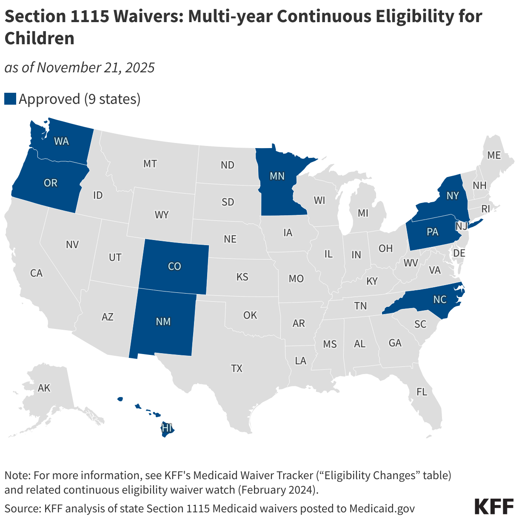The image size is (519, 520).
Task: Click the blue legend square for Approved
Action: pyautogui.click(x=10, y=99)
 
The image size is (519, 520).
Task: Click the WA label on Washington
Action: pyautogui.click(x=61, y=141)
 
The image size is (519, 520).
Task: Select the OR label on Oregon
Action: pyautogui.click(x=51, y=183)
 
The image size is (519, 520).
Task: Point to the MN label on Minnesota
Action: pyautogui.click(x=277, y=176)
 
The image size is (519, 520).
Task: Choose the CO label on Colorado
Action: pyautogui.click(x=174, y=266)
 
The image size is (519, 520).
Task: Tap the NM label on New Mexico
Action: pyautogui.click(x=163, y=322)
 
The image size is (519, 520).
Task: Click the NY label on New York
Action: pyautogui.click(x=453, y=195)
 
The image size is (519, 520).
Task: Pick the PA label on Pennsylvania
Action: pyautogui.click(x=432, y=232)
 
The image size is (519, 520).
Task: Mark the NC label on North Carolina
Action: pyautogui.click(x=440, y=300)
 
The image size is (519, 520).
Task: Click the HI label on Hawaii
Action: pyautogui.click(x=167, y=429)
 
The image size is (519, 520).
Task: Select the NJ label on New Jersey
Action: pyautogui.click(x=461, y=226)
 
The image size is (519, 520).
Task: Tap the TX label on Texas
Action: pyautogui.click(x=237, y=369)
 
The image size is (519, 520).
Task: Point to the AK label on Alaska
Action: pyautogui.click(x=44, y=388)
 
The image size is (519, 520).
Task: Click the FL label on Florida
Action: pyautogui.click(x=422, y=392)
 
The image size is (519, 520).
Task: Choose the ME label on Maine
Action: pyautogui.click(x=494, y=155)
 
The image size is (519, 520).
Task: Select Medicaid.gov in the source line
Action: pyautogui.click(x=382, y=508)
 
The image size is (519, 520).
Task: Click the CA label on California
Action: pyautogui.click(x=36, y=273)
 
